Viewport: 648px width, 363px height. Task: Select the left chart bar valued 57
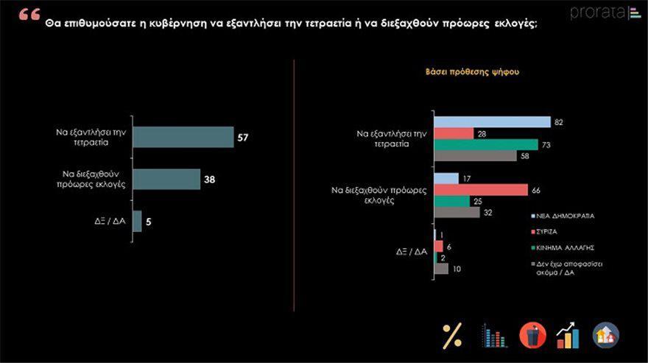tap(183, 137)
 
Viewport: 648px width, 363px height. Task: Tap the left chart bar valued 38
tap(166, 179)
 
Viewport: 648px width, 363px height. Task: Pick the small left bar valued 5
tap(137, 221)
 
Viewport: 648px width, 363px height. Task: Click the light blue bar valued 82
tap(493, 122)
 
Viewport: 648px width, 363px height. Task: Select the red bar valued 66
tap(481, 189)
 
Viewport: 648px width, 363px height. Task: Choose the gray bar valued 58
tap(476, 155)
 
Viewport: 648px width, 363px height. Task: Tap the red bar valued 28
tap(454, 133)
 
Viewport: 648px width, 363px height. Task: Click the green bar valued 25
tap(451, 201)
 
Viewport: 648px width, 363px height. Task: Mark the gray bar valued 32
tap(457, 212)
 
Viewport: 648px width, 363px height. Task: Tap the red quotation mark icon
tap(29, 15)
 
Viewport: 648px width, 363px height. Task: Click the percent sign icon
tap(451, 336)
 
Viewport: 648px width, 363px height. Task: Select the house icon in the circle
tap(606, 336)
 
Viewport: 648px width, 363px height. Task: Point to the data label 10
tap(457, 269)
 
